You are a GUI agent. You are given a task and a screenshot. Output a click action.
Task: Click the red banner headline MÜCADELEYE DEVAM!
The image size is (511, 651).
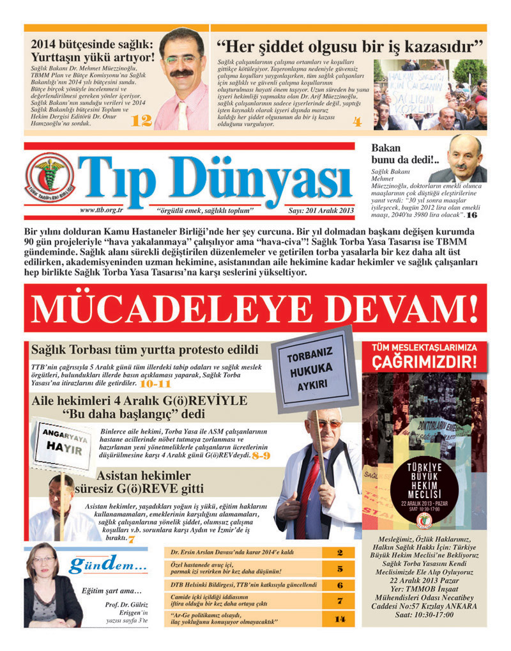tap(255, 309)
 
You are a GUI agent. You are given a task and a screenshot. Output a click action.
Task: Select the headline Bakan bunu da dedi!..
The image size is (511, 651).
tap(403, 153)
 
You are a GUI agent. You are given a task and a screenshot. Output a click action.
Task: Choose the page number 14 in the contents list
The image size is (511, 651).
tap(340, 618)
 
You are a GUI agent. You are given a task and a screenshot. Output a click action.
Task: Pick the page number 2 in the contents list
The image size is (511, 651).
tap(340, 553)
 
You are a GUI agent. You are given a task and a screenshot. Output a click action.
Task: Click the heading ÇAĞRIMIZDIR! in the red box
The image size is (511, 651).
tap(424, 361)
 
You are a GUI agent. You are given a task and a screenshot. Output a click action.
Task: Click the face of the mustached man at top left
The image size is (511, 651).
tap(181, 59)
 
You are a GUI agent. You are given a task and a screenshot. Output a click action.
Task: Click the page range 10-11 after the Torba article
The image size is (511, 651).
tap(155, 384)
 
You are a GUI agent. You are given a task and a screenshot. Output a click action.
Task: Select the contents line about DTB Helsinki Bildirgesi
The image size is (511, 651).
tap(244, 584)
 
